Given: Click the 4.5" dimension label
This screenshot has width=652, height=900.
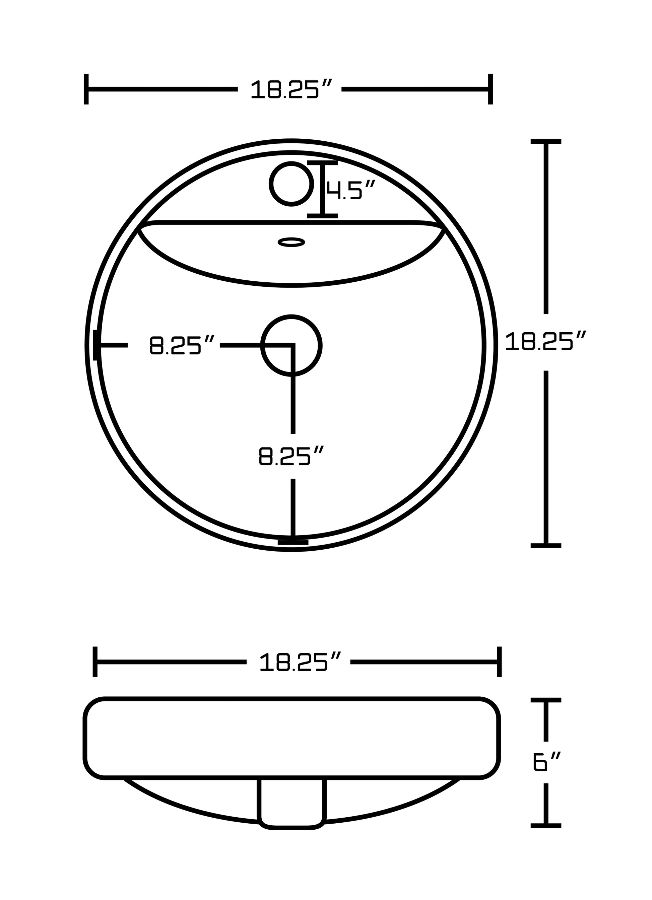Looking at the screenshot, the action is pyautogui.click(x=350, y=189).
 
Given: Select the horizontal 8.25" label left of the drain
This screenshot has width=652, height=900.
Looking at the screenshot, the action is pyautogui.click(x=182, y=345).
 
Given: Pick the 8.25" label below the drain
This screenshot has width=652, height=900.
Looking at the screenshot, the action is pyautogui.click(x=291, y=456).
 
